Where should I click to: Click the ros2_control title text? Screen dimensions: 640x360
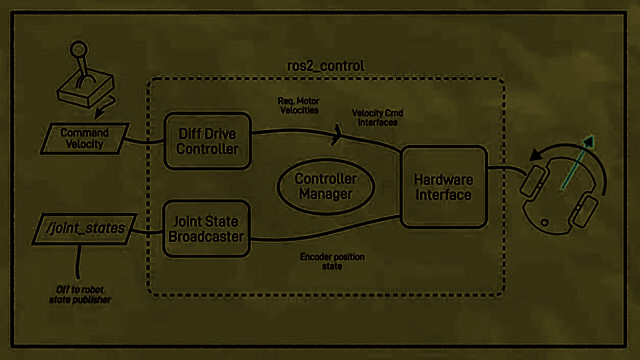(325, 66)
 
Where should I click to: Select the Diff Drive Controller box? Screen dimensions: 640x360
(207, 141)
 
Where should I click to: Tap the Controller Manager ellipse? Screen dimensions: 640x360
(326, 186)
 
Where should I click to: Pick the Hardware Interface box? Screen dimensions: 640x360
(444, 187)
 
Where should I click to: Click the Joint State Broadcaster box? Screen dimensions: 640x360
(206, 229)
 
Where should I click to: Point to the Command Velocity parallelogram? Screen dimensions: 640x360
(84, 138)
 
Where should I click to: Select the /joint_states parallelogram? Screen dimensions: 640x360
(84, 229)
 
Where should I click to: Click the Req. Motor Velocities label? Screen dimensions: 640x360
(299, 105)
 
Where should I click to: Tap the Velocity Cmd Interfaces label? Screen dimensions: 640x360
(378, 118)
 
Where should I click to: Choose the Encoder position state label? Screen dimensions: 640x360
(332, 261)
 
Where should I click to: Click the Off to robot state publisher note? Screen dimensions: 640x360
(80, 294)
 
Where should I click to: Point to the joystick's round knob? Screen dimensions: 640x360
(78, 50)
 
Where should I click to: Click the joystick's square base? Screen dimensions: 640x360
(85, 90)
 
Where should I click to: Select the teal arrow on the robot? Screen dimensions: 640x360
(578, 162)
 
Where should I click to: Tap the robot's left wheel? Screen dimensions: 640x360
(534, 180)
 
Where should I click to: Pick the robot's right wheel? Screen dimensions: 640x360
(584, 211)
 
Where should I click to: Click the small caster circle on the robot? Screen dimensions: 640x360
(544, 222)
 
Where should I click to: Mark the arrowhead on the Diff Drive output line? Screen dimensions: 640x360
(338, 134)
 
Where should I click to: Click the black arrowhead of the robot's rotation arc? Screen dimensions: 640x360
(536, 155)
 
